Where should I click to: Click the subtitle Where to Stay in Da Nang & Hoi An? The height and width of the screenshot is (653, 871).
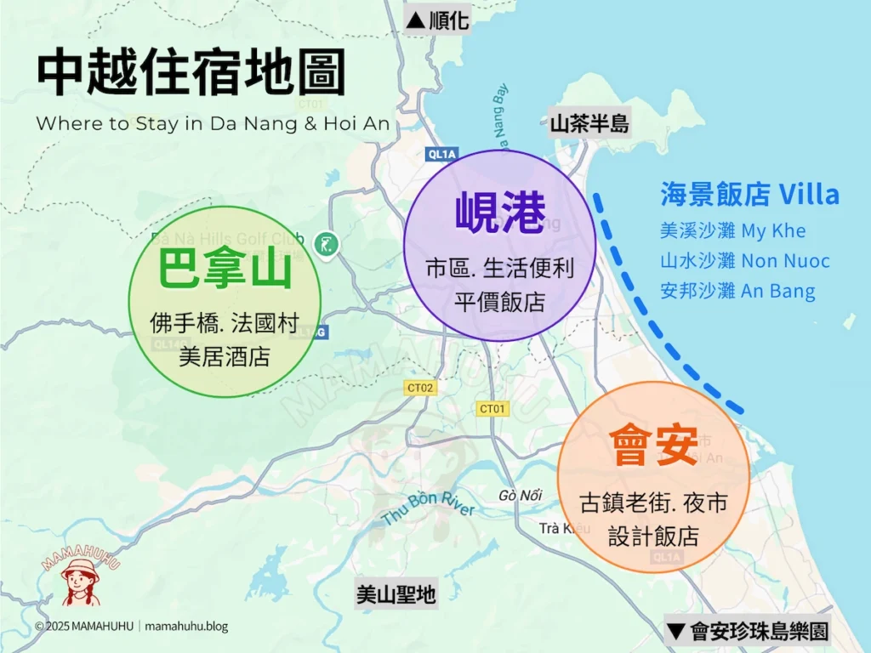pos(213,124)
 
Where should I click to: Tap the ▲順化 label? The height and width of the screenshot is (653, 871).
pos(438,20)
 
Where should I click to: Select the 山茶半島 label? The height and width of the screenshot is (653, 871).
pos(589,124)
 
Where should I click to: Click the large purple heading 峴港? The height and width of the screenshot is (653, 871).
pos(499,213)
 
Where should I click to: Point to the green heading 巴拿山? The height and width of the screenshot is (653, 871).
pos(225,271)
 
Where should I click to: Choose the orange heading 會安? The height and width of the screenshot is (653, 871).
pos(653,444)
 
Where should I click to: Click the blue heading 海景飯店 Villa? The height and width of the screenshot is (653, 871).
pos(749,195)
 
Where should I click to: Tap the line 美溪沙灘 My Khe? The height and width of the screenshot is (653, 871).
pos(732,231)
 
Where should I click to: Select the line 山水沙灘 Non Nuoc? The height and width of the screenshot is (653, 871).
pos(744,261)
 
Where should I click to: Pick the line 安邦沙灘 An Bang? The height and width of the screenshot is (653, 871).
pos(737,291)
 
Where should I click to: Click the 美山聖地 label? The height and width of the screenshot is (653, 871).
pos(396,595)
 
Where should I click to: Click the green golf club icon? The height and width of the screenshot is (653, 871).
pos(325,245)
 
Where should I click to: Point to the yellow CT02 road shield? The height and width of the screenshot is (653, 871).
pos(420,388)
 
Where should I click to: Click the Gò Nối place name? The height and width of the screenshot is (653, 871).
pos(521,496)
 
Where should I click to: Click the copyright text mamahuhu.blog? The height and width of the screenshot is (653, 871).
pos(186,627)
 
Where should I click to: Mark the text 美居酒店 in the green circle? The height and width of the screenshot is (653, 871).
pos(225,356)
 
